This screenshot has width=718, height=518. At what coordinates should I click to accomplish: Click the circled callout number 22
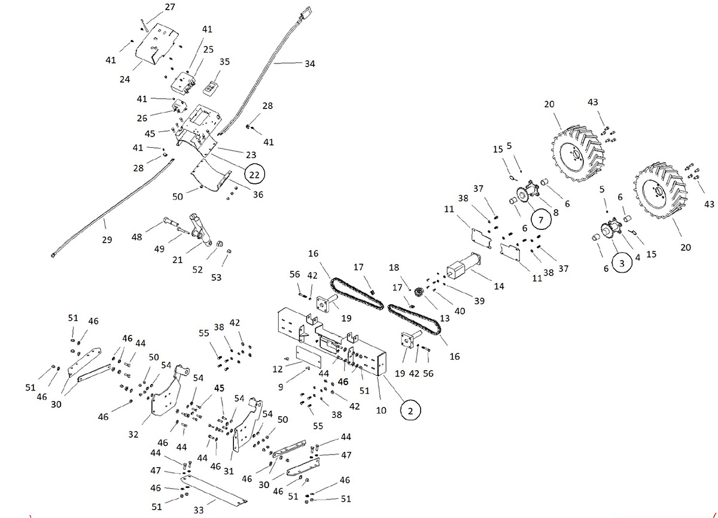(x=254, y=174)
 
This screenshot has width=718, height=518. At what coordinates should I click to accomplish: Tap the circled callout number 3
(x=622, y=262)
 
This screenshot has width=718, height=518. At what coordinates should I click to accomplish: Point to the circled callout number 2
(x=410, y=410)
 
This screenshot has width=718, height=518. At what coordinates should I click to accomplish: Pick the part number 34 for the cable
(x=309, y=63)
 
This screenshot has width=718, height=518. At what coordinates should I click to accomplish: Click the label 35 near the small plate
(x=224, y=62)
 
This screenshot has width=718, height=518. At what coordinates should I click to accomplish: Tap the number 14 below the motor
(x=499, y=286)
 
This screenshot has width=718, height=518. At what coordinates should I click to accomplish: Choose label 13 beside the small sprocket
(x=444, y=301)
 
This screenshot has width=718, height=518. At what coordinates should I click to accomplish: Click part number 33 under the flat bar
(x=199, y=510)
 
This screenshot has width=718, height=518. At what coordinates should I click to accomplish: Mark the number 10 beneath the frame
(x=381, y=410)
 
